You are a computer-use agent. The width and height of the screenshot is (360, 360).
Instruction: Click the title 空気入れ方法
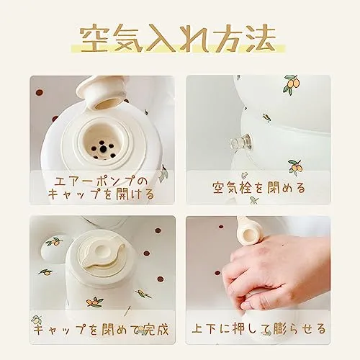coord(178,38)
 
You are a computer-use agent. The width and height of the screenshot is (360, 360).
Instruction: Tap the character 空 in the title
coord(94,38)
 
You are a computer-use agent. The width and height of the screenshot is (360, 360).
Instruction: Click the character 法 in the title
coord(261,38)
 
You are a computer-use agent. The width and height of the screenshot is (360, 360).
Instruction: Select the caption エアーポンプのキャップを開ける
coord(101,188)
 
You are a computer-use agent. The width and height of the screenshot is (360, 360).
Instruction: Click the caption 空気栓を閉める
coord(258,187)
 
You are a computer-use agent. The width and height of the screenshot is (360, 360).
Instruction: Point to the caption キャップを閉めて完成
coord(101,328)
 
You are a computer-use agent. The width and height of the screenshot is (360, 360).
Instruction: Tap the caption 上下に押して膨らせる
coord(258,328)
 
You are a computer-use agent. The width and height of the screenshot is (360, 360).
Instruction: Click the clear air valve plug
coord(240,143)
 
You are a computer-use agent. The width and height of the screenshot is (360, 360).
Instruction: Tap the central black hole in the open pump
coord(104,149)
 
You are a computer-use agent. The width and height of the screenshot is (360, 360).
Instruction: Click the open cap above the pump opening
coord(101,92)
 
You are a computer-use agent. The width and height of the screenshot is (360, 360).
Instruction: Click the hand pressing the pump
coord(276,269)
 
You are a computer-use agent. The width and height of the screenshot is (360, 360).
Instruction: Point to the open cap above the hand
coord(247,233)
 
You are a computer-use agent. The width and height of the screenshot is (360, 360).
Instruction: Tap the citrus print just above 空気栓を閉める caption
coord(295,166)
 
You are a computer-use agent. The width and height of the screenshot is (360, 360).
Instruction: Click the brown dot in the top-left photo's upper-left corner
coord(39,93)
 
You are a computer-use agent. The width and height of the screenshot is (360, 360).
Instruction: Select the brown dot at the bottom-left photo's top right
coord(158,230)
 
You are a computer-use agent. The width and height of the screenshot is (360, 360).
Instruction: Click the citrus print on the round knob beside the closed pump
coord(55,242)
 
